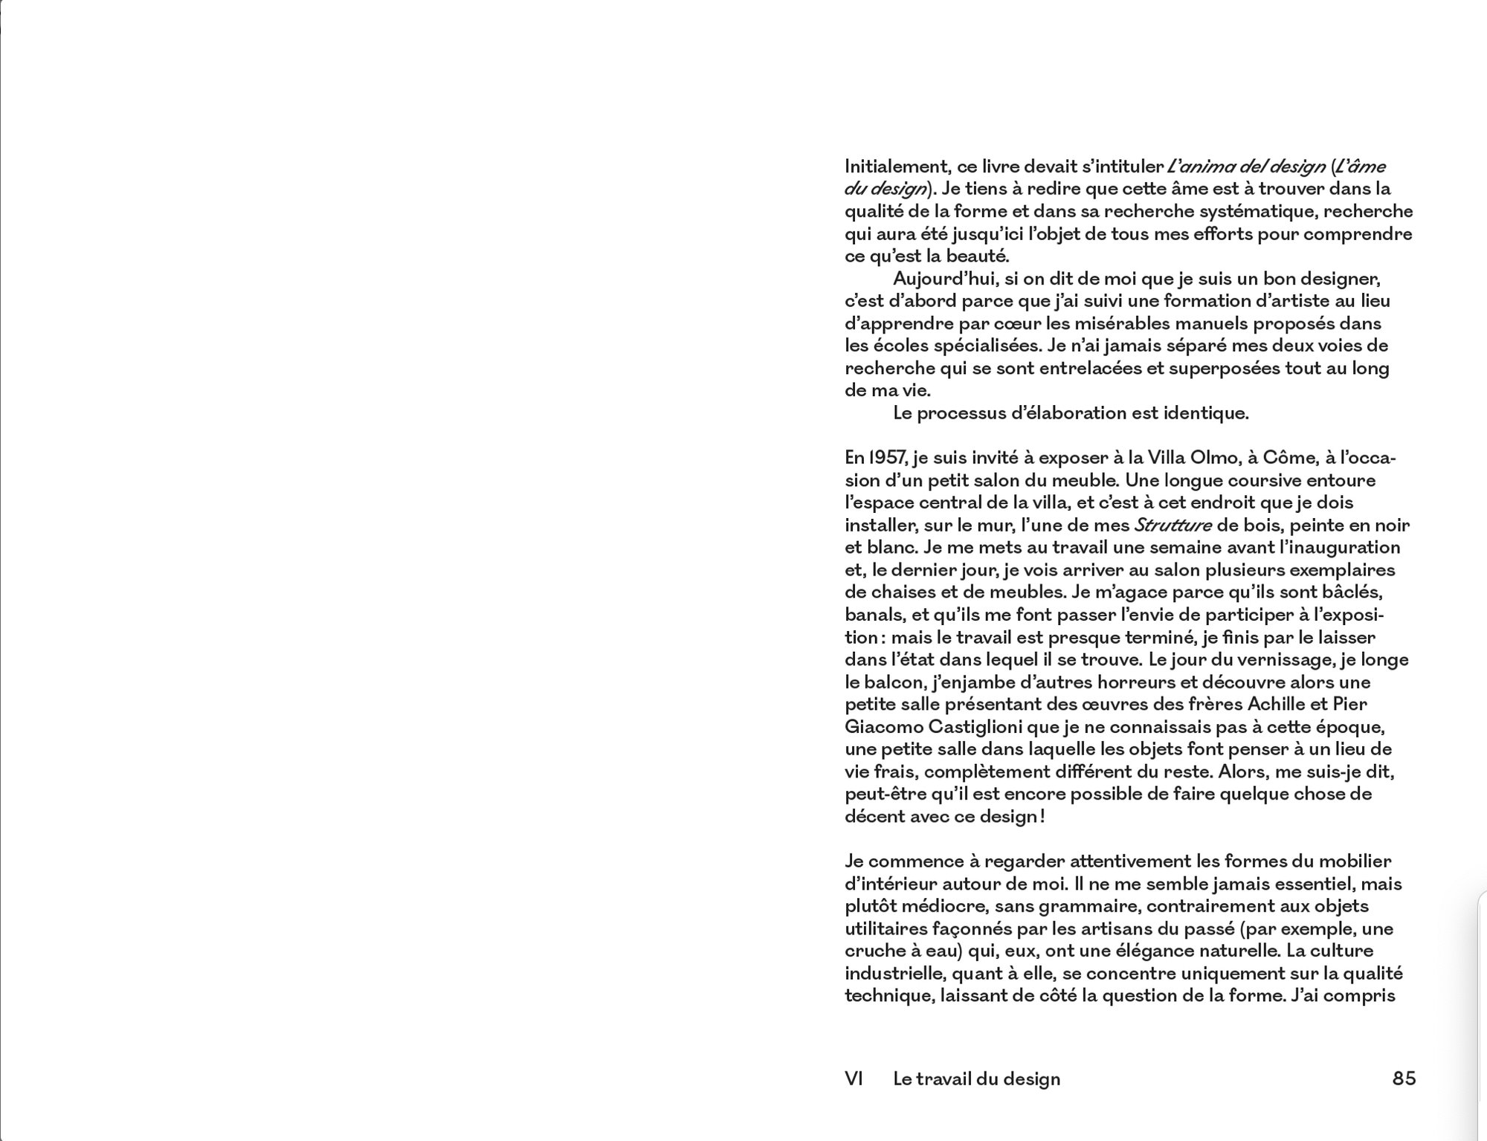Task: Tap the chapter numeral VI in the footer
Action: pos(854,1078)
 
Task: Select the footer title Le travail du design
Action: pos(976,1078)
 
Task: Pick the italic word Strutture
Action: pos(1172,525)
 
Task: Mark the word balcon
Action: pos(890,682)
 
